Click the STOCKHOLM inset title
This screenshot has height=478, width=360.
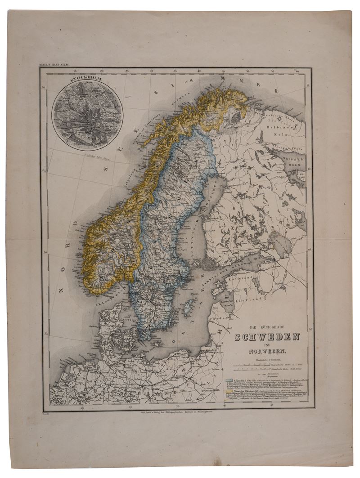pos(87,81)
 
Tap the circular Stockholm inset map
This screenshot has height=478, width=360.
pos(87,114)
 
